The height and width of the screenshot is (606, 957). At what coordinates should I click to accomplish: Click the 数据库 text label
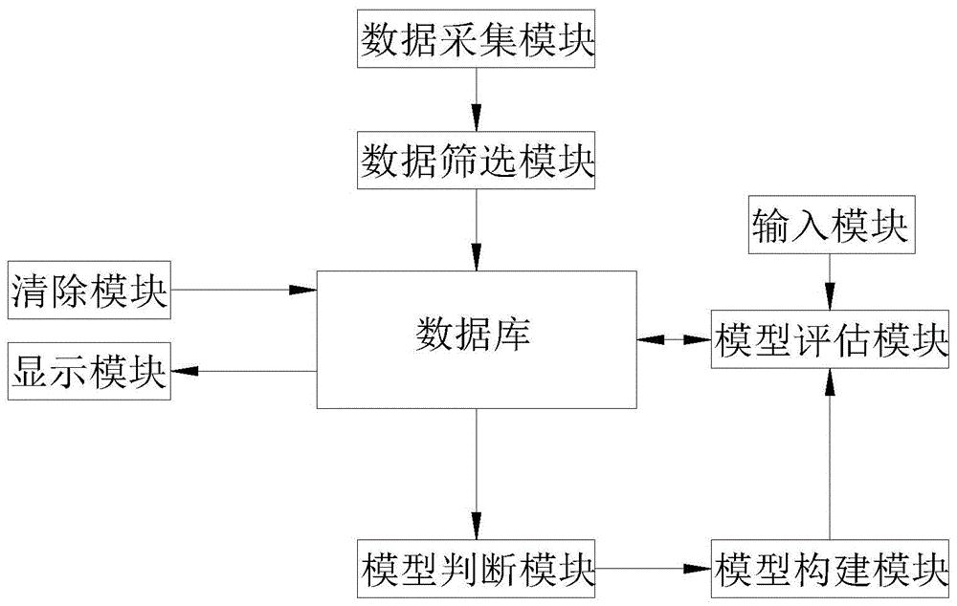click(x=476, y=336)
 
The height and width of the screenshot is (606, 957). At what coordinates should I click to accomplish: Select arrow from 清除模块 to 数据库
click(x=243, y=289)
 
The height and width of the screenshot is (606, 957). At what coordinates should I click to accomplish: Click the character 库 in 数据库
click(x=513, y=336)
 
